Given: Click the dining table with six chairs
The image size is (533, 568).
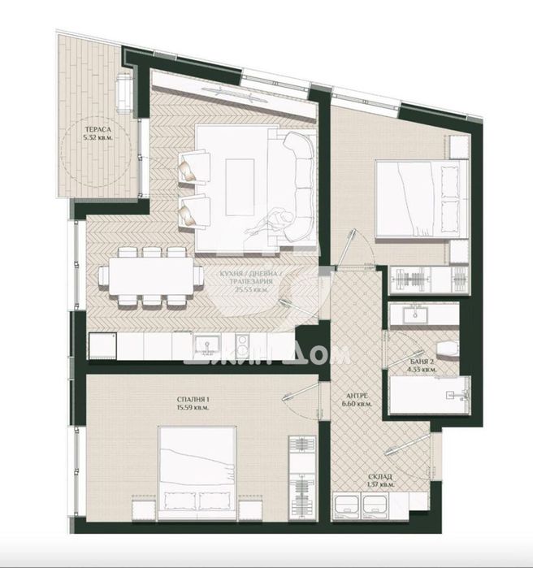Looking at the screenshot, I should click(152, 278).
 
